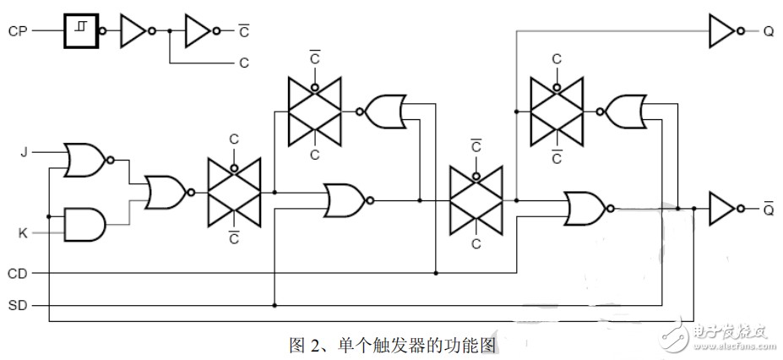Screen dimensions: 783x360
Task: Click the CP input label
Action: coord(17,31)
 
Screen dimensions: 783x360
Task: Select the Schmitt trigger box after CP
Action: coord(81,31)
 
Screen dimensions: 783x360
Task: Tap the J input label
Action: coord(23,151)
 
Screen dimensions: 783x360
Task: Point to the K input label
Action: coord(23,232)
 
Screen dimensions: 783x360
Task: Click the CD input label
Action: coord(18,274)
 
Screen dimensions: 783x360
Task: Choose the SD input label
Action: coord(18,306)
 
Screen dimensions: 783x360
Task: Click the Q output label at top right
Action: coord(769,31)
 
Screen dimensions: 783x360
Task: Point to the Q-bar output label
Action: coord(769,209)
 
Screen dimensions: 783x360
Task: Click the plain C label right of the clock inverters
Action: coord(244,63)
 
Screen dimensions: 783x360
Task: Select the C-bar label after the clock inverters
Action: coord(244,31)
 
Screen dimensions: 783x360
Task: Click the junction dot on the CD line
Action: coord(436,273)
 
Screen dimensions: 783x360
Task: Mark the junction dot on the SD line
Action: coord(275,305)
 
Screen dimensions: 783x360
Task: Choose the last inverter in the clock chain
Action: coord(202,31)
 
